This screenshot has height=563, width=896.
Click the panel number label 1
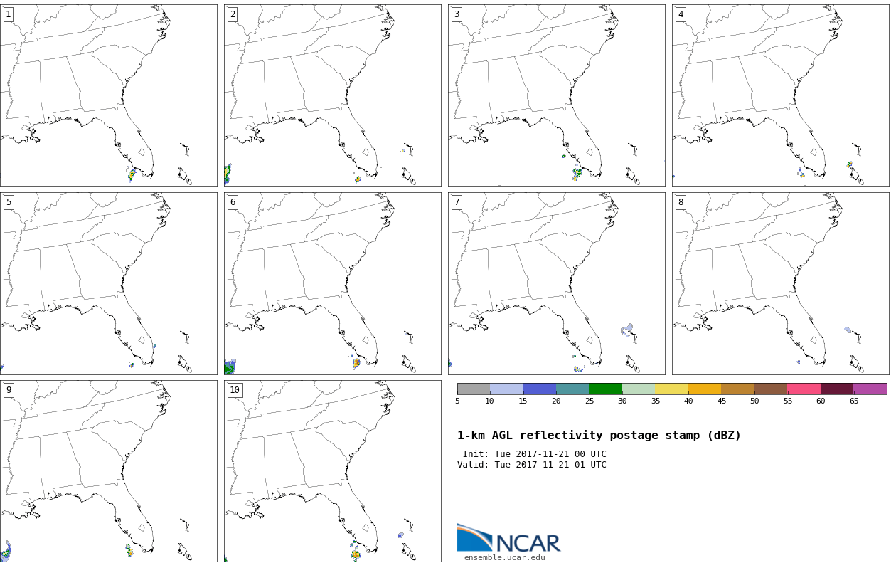8,14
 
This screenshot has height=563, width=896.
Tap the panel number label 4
681,14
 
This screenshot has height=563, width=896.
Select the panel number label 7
457,202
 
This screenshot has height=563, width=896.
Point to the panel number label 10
234,390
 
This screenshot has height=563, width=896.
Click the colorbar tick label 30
622,401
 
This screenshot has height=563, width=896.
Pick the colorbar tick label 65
853,401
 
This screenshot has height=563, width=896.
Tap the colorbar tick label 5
457,401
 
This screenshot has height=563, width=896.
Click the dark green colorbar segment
605,389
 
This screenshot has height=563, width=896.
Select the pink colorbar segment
804,389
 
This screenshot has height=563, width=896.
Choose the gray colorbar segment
473,389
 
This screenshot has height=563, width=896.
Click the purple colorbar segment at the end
870,389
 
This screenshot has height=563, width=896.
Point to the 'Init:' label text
476,454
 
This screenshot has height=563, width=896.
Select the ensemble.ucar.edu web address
504,557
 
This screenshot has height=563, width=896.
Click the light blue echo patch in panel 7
626,330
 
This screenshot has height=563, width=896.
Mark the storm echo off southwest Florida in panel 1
132,174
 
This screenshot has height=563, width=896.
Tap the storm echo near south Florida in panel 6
356,363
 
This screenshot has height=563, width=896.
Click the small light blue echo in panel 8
848,330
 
